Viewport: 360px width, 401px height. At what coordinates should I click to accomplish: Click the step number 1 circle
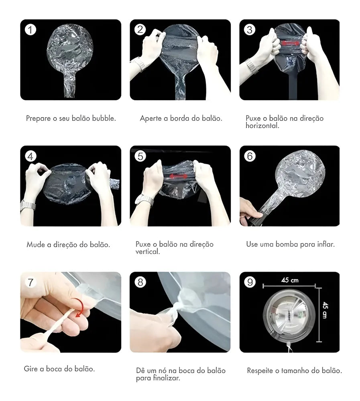pyautogui.click(x=30, y=30)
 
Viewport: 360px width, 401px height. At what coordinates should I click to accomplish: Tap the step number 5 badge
pyautogui.click(x=140, y=156)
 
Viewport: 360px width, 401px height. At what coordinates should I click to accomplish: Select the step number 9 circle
pyautogui.click(x=250, y=282)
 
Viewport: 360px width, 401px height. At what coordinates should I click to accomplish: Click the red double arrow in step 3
pyautogui.click(x=290, y=43)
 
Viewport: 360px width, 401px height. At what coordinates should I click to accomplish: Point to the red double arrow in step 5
pyautogui.click(x=178, y=176)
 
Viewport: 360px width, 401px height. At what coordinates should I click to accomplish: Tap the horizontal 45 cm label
pyautogui.click(x=290, y=280)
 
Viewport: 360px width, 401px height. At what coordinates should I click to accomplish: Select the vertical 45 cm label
pyautogui.click(x=325, y=310)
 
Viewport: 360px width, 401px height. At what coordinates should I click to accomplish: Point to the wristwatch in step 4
pyautogui.click(x=28, y=205)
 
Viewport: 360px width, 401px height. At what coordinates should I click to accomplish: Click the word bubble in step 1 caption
pyautogui.click(x=104, y=118)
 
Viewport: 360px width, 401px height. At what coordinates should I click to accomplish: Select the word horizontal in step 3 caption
pyautogui.click(x=262, y=126)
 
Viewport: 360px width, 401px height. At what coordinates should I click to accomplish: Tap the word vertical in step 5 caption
pyautogui.click(x=148, y=252)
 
